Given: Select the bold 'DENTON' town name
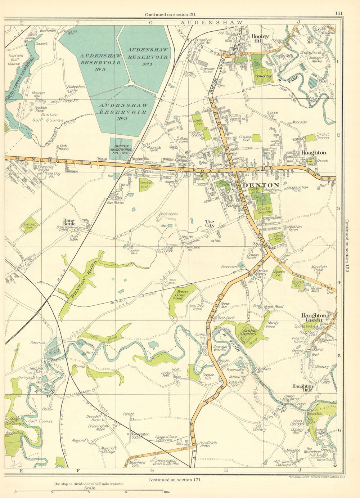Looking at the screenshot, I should (261, 185).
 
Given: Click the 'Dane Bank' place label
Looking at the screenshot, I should (68, 222).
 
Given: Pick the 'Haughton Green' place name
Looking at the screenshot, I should (314, 317).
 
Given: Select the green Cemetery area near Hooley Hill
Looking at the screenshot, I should (262, 76).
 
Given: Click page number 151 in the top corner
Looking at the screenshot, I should (338, 13).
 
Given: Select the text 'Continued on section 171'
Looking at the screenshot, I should (174, 480).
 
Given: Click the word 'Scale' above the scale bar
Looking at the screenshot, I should (87, 488).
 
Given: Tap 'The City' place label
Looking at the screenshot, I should (210, 224).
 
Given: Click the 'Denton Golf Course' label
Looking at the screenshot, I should (47, 118).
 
